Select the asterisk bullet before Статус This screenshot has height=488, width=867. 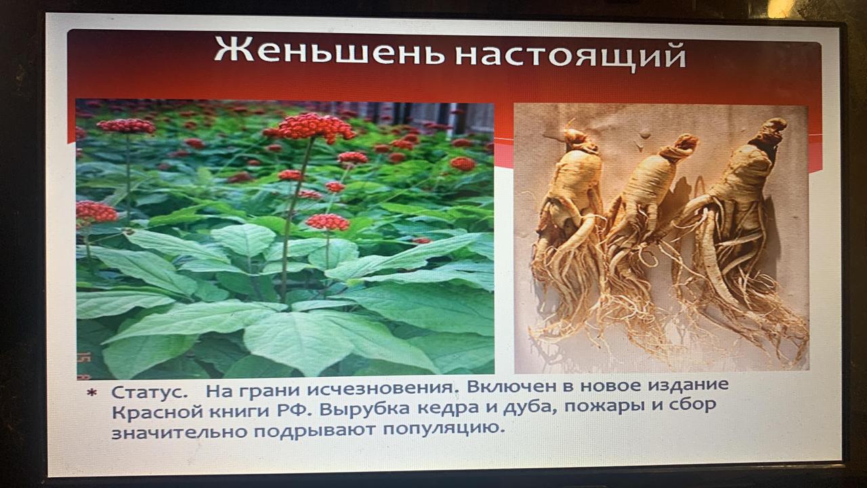coord(92,393)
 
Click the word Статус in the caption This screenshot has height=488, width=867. coord(149,392)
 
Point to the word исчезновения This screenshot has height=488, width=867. coord(380,389)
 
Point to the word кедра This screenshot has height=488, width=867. coord(448,408)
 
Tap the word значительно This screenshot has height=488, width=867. coord(179,432)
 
